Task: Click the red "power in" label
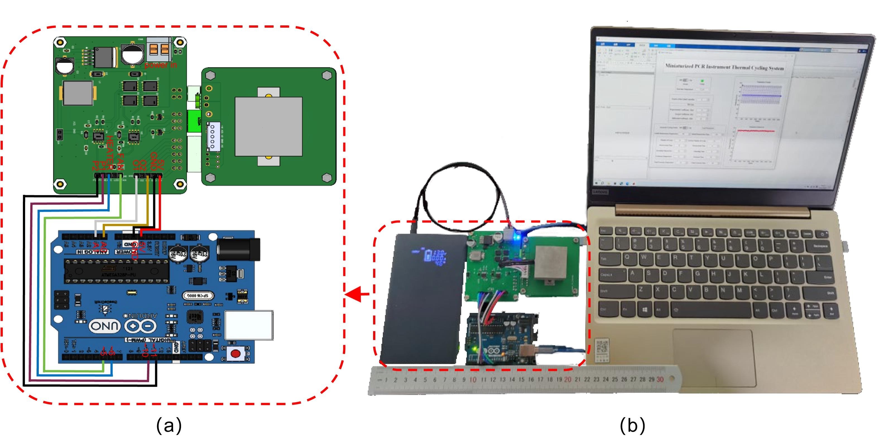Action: coord(160,65)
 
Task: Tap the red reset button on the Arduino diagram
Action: coord(235,353)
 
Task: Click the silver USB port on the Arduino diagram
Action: coord(249,325)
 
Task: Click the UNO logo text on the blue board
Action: coord(105,326)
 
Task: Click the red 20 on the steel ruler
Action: coord(568,379)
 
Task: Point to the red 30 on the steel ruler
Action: coord(660,379)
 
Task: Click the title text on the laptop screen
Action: coord(724,67)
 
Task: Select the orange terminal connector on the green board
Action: coord(159,49)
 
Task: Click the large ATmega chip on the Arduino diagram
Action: coord(117,271)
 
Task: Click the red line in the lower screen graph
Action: coord(756,131)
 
